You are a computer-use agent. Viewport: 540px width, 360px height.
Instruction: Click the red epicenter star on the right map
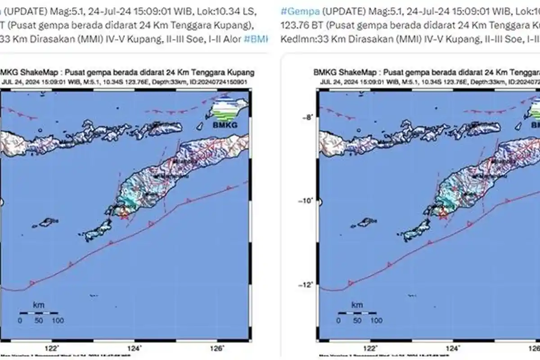tap(443, 214)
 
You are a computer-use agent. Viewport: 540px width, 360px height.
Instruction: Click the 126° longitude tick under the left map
tap(217, 348)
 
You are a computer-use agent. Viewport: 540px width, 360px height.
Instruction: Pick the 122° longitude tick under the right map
tap(371, 348)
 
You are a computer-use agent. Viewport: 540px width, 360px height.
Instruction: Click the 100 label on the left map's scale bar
tap(58, 321)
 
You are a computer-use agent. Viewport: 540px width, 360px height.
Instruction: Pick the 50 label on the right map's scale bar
tap(357, 321)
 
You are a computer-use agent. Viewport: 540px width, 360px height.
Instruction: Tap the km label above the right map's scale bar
tap(357, 305)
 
